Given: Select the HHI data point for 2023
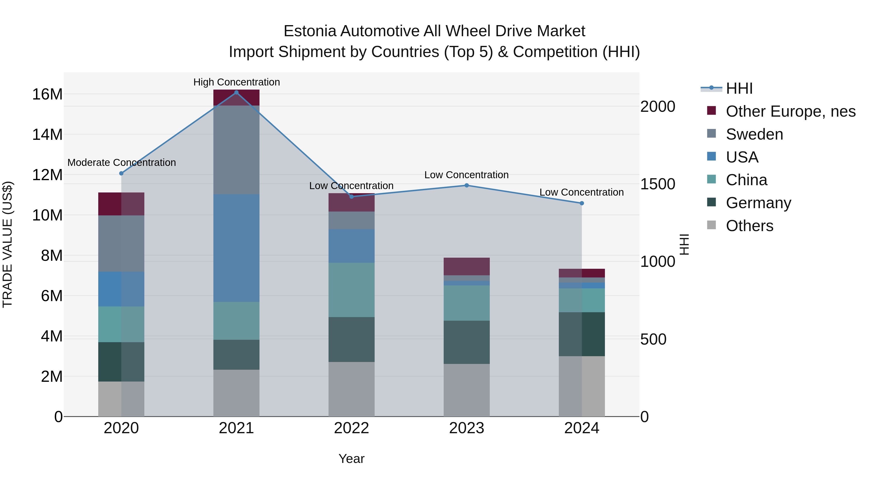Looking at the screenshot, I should [467, 185].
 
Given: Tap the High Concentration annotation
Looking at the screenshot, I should [237, 82].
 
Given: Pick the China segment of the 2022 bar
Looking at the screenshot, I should [351, 290].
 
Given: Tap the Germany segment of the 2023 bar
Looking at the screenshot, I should [467, 342].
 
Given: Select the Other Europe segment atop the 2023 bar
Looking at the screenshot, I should [467, 266].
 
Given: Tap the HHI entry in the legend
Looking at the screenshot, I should [739, 88].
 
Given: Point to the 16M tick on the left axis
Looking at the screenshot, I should [47, 94].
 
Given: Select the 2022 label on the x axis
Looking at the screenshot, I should [351, 428].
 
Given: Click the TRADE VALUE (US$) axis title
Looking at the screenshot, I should [7, 244].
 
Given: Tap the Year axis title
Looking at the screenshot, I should [351, 459].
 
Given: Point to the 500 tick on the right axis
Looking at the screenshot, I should [653, 339].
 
